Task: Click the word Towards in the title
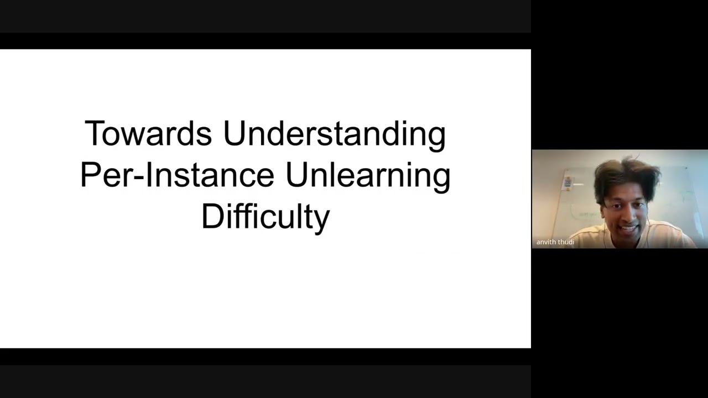[148, 134]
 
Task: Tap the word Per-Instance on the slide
[177, 175]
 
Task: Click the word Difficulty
[265, 217]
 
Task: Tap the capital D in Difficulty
[212, 216]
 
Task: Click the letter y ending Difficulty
[322, 219]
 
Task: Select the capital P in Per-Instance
[90, 175]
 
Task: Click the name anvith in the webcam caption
[547, 242]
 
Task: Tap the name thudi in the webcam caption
[567, 242]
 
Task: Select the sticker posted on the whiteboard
[568, 182]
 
